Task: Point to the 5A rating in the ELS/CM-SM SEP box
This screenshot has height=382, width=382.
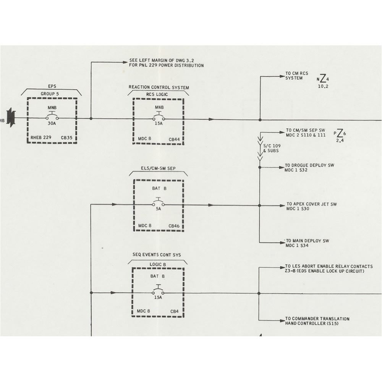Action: coord(158,209)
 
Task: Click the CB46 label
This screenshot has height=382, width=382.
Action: coord(174,226)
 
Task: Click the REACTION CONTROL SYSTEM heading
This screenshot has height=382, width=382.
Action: coord(159,87)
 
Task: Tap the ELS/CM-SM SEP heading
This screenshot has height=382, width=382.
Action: coord(158,168)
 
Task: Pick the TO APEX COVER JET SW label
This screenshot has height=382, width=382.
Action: coord(311,206)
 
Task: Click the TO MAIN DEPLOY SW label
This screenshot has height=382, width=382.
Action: coord(307,243)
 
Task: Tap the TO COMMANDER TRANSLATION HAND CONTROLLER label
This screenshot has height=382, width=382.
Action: coord(317,321)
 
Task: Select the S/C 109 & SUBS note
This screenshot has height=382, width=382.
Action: coord(270,148)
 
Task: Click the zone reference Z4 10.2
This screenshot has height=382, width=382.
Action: coord(323,81)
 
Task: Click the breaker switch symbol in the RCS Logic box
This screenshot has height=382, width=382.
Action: coord(158,117)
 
